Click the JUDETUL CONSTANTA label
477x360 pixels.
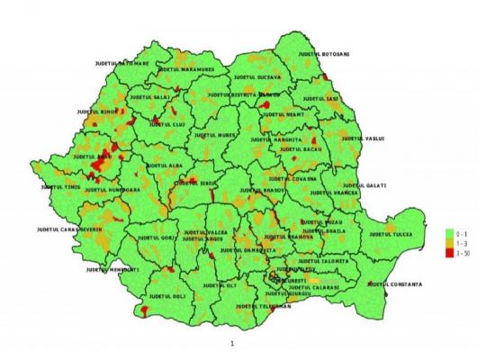pyautogui.click(x=394, y=284)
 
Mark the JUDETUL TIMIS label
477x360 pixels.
pyautogui.click(x=60, y=186)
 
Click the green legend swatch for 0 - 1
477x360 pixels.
pyautogui.click(x=448, y=232)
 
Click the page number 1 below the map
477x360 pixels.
pyautogui.click(x=233, y=343)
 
